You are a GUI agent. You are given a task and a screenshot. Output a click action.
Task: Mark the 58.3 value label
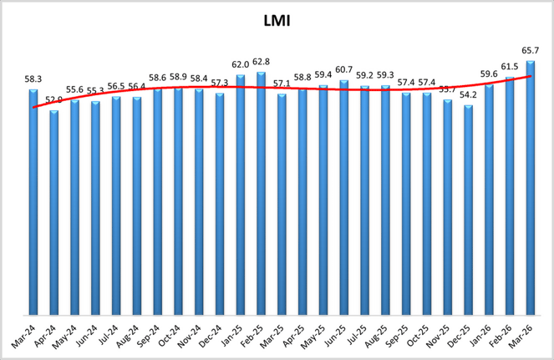(x=33, y=79)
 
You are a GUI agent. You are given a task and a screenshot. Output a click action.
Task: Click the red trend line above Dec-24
(x=220, y=88)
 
